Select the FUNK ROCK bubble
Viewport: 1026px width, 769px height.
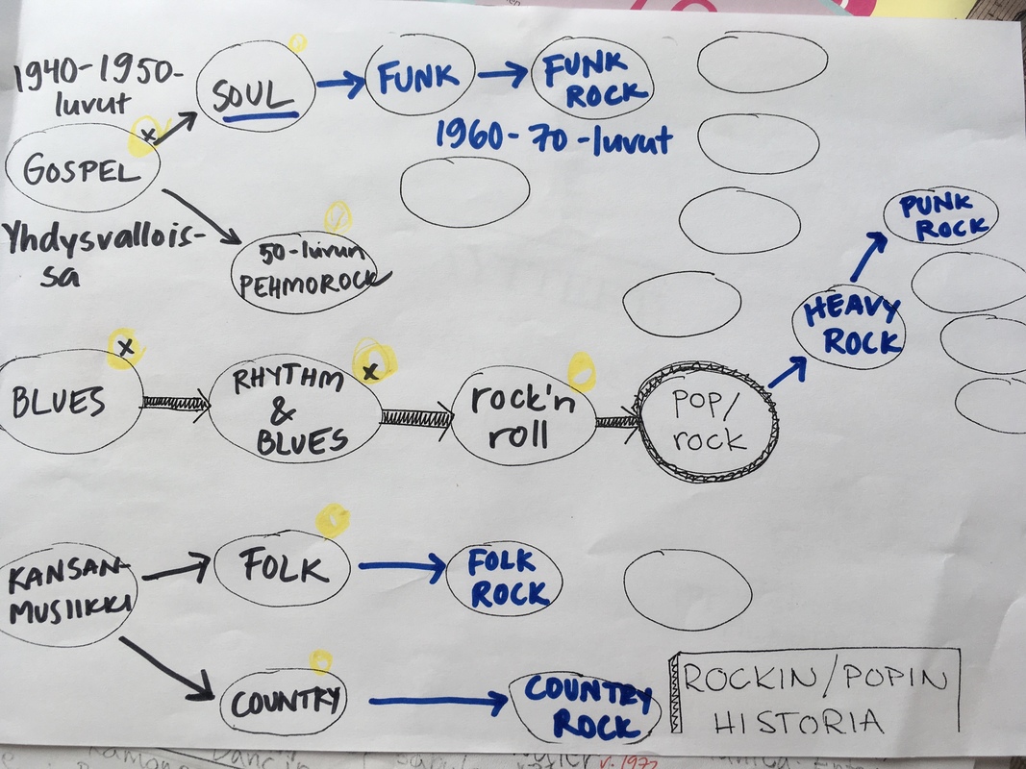coord(593,80)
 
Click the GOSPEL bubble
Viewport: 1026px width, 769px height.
coord(81,170)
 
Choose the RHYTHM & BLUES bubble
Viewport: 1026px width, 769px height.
coord(294,411)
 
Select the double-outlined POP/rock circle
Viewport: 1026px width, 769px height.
coord(708,421)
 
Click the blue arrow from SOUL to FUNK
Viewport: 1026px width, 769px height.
coord(339,84)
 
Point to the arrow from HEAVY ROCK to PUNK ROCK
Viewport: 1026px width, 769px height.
coord(868,255)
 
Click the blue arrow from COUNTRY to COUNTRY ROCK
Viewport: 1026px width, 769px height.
coord(438,703)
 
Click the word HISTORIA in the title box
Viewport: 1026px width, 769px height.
coord(797,721)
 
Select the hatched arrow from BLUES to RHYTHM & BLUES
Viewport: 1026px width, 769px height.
coord(176,402)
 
